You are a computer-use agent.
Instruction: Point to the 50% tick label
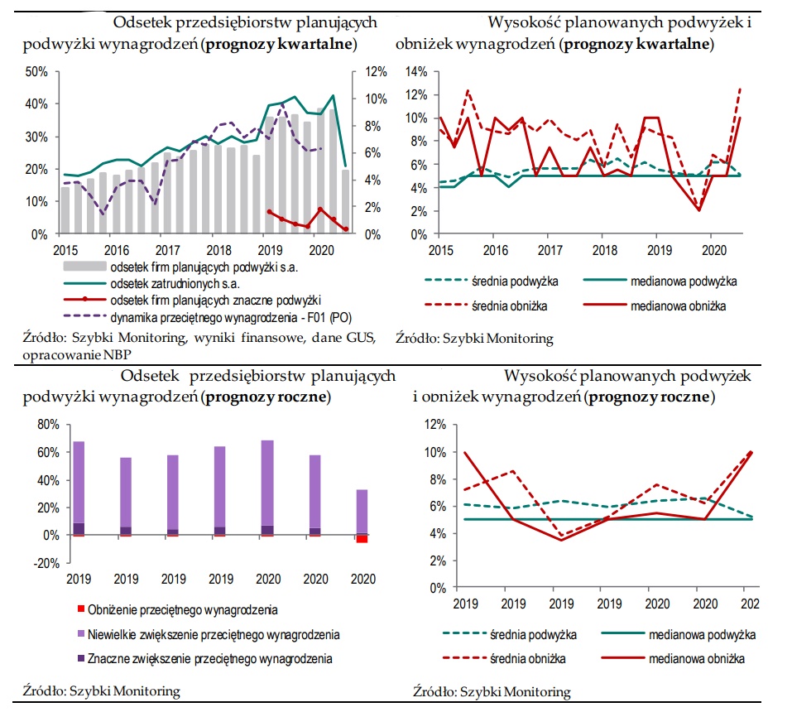pyautogui.click(x=36, y=72)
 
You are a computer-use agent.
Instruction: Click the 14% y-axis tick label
pyautogui.click(x=416, y=72)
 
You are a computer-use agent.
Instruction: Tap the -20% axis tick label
pyautogui.click(x=46, y=563)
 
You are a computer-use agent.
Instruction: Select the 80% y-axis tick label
pyautogui.click(x=48, y=425)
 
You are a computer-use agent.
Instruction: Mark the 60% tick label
pyautogui.click(x=48, y=452)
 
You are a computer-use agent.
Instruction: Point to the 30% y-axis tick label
pyautogui.click(x=36, y=137)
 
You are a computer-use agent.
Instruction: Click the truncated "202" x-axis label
pyautogui.click(x=750, y=604)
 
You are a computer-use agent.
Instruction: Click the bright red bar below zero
pyautogui.click(x=362, y=539)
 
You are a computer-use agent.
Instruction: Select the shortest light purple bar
pyautogui.click(x=362, y=512)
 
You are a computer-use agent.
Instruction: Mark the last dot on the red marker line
pyautogui.click(x=346, y=229)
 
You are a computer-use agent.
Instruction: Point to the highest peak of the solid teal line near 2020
pyautogui.click(x=333, y=95)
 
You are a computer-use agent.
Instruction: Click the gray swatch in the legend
pyautogui.click(x=85, y=267)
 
